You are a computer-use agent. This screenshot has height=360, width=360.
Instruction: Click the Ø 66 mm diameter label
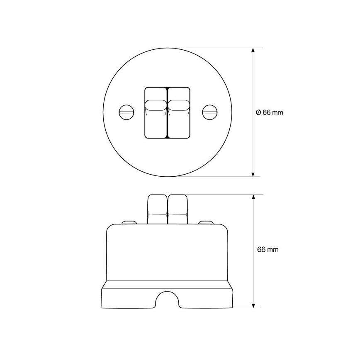[269, 112]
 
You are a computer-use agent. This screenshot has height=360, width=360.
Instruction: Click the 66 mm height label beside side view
[268, 250]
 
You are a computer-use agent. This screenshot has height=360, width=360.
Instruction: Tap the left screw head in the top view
[126, 112]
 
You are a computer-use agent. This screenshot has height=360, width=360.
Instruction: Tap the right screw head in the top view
[209, 112]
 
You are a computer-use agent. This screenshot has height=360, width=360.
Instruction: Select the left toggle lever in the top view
[156, 113]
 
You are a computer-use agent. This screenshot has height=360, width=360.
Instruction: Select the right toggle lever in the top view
[179, 113]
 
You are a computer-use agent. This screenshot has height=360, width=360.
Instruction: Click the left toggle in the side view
[158, 209]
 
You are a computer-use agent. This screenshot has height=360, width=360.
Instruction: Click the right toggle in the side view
[178, 209]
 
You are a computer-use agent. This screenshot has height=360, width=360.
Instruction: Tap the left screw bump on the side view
[129, 222]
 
